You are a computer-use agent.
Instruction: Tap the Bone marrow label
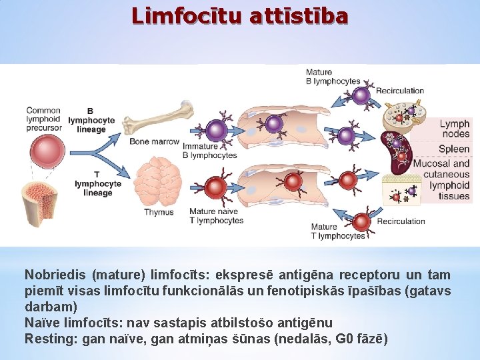(154, 141)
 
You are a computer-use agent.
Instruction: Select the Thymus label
(159, 213)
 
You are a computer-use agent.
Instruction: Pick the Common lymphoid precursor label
(43, 119)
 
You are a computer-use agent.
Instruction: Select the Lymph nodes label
(454, 129)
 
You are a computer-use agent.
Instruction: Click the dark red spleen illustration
(395, 154)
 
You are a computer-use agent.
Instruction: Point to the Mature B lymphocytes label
(333, 77)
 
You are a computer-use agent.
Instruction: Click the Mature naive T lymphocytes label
(213, 217)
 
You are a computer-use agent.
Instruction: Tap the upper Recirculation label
(400, 91)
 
